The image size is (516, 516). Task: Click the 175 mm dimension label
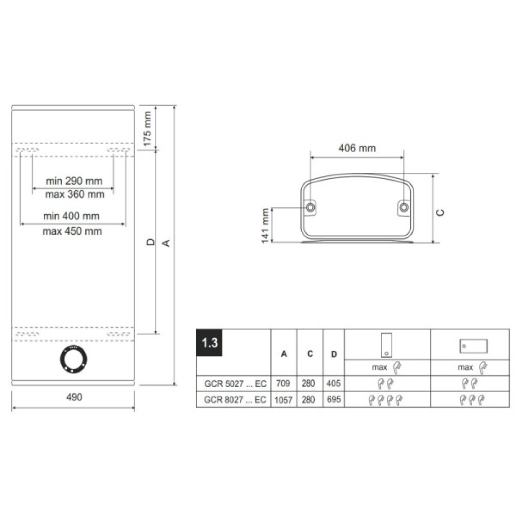click(x=147, y=128)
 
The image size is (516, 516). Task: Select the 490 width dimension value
click(x=74, y=397)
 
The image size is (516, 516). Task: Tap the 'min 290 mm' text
click(x=74, y=181)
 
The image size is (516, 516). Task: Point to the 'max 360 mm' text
click(x=75, y=194)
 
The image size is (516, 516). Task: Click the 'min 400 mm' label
click(x=71, y=216)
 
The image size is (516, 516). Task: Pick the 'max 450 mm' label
click(x=72, y=231)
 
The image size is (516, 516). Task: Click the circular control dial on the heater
click(x=74, y=359)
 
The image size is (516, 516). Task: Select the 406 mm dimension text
click(x=357, y=148)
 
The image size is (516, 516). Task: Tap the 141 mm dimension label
click(x=265, y=226)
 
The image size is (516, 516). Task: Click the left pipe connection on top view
click(x=310, y=207)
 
